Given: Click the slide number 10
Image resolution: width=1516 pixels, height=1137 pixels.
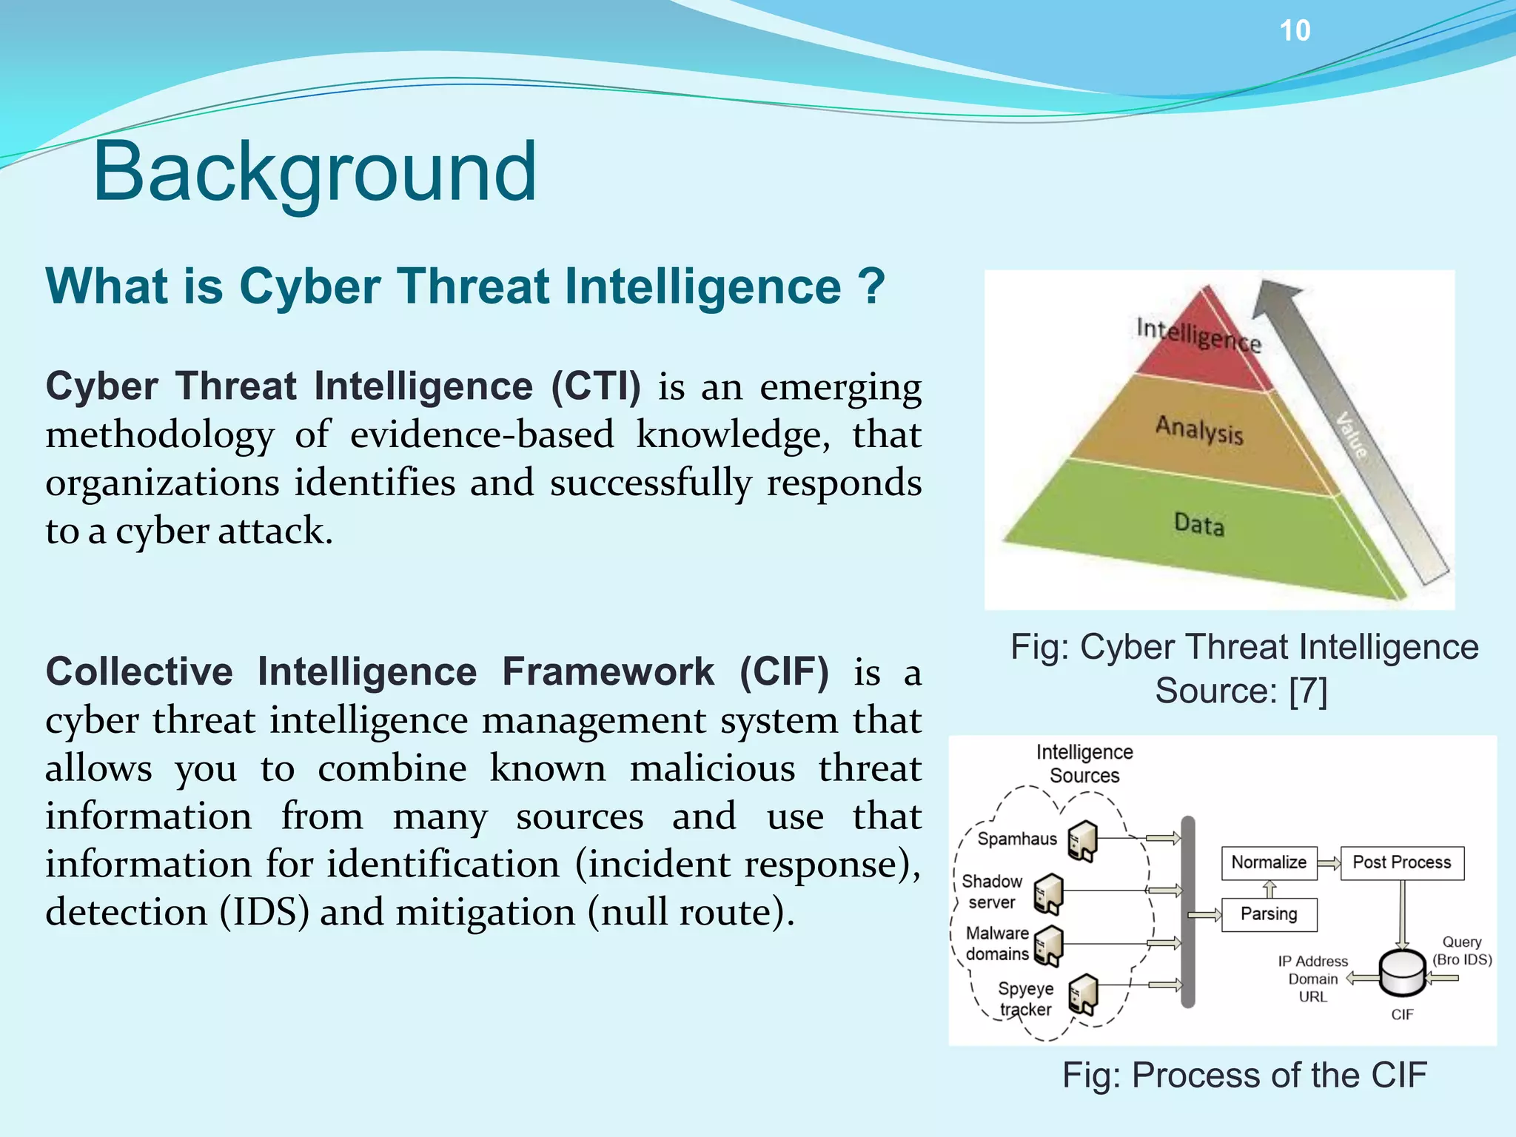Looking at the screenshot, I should (1295, 31).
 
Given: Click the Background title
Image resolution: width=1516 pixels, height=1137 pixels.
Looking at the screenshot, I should (314, 172).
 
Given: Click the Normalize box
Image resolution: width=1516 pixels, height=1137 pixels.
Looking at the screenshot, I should (1269, 862).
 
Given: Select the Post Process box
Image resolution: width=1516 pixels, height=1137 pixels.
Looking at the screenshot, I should (1402, 862).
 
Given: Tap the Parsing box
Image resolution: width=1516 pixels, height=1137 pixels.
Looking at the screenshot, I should (1269, 914).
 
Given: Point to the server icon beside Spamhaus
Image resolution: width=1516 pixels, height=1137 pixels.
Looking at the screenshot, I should (1083, 841).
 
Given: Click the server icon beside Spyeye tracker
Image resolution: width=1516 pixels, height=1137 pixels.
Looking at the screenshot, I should (1083, 995).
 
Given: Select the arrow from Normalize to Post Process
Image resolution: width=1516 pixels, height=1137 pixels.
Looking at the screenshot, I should (1329, 863).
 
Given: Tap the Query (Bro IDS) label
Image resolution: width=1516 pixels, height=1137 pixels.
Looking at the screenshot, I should (1462, 950).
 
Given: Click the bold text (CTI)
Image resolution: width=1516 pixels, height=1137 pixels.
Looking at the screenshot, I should (596, 386).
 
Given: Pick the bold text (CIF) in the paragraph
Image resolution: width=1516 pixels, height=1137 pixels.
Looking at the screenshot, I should (784, 672).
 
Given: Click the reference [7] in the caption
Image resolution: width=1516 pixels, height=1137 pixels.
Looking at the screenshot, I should (1308, 691).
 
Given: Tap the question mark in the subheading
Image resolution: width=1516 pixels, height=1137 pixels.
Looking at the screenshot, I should (872, 287).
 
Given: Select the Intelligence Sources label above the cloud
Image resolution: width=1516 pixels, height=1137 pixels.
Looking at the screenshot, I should (1084, 764).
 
